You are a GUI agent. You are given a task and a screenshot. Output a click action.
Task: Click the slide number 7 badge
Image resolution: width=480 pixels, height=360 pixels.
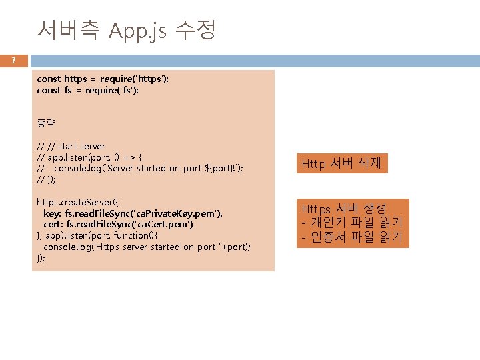tap(13, 61)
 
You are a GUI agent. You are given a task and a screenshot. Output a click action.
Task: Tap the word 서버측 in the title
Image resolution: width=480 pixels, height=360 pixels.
tap(69, 30)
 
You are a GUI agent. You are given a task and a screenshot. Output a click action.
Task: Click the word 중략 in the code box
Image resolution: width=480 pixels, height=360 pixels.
tap(46, 123)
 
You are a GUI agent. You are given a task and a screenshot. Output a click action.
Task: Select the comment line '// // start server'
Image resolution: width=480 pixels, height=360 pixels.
tap(71, 146)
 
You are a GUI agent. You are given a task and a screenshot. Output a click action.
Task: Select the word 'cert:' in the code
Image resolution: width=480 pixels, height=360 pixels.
tap(53, 225)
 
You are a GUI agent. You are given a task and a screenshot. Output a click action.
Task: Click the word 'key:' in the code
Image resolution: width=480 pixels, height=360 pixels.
tap(53, 213)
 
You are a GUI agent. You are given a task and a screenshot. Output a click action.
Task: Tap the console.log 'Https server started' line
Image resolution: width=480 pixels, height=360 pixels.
tap(147, 247)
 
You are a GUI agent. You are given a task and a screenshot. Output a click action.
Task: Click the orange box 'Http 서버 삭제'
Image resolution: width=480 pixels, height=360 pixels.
tap(341, 163)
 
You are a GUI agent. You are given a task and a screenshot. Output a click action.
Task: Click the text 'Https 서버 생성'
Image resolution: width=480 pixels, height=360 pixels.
tap(344, 208)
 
